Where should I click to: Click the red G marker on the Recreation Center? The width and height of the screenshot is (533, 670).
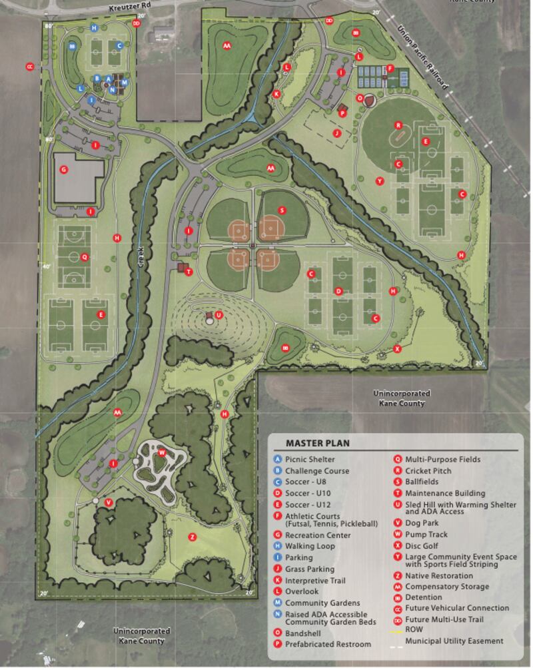(x=64, y=170)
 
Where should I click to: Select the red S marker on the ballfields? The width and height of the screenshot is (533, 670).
(x=282, y=210)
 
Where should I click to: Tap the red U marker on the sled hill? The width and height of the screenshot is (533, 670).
(x=219, y=315)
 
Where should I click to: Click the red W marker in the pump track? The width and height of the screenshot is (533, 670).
(x=161, y=453)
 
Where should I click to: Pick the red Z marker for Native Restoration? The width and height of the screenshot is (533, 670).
(x=193, y=537)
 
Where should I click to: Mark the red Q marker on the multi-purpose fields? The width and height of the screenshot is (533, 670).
(x=84, y=257)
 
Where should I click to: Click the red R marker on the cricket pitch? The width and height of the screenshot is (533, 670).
(x=398, y=125)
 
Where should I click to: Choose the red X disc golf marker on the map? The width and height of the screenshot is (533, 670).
(x=397, y=348)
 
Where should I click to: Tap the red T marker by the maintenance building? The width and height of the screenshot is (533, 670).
(x=189, y=272)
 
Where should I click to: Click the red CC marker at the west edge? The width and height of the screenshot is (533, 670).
(x=29, y=67)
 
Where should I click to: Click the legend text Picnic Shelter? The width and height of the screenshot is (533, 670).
(x=310, y=459)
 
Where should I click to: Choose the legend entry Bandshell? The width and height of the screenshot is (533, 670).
(x=303, y=632)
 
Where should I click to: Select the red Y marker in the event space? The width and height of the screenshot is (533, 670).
(x=379, y=181)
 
